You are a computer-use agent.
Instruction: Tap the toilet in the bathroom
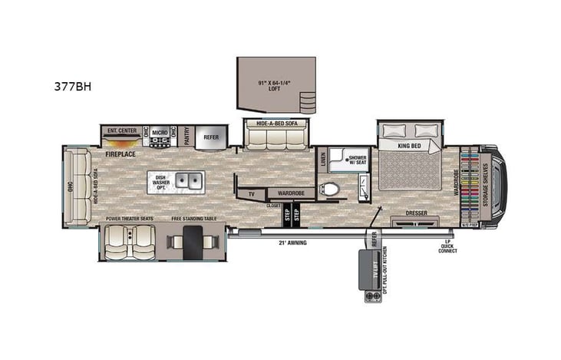coord(332,187)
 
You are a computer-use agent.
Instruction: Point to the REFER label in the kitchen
coord(210,138)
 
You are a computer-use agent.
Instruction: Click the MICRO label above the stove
coord(160,132)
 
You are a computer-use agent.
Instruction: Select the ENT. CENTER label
coord(121,130)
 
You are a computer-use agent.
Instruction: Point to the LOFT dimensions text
coord(274,84)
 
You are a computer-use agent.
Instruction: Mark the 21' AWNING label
coord(292,243)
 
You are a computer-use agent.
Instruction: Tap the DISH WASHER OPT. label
coord(161,182)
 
